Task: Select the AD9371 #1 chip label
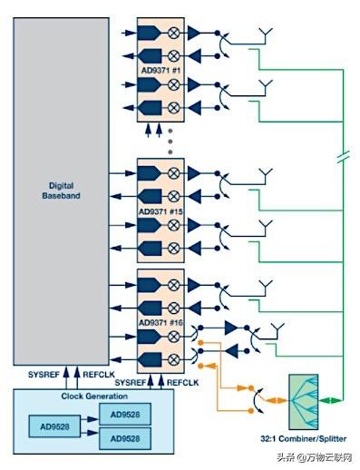coord(161,71)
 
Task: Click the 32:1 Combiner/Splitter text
coord(302,438)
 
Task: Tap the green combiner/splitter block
coord(302,401)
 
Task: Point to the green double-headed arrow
coord(332,400)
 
